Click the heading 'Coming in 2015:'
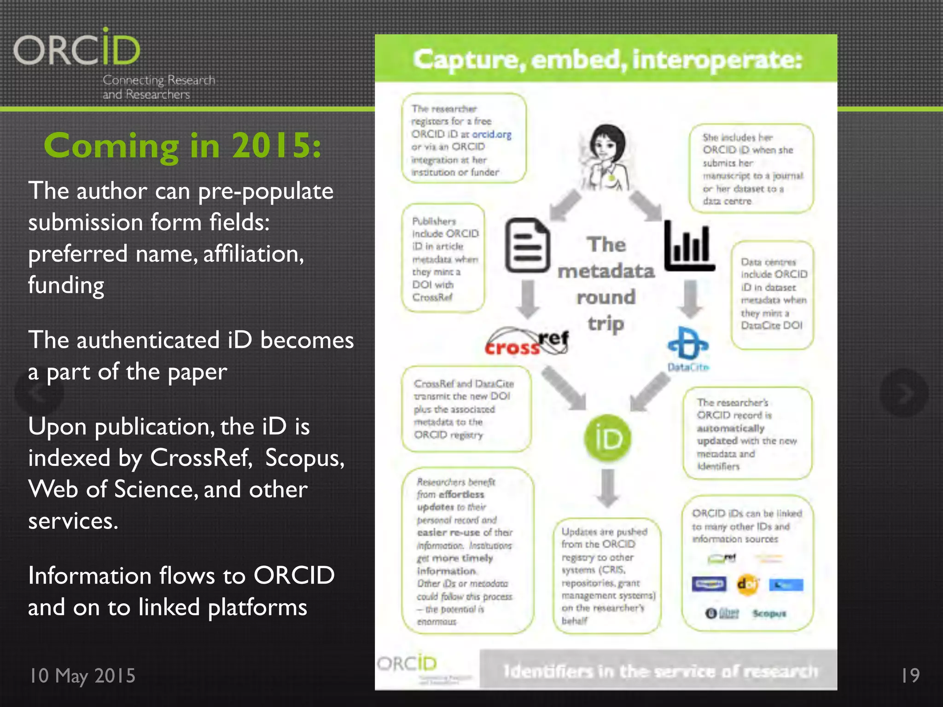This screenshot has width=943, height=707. click(x=182, y=145)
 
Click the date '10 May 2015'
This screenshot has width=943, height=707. click(x=82, y=676)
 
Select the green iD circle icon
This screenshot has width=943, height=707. click(x=607, y=438)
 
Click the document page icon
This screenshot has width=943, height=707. click(x=528, y=245)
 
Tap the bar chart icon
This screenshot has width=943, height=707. click(x=689, y=246)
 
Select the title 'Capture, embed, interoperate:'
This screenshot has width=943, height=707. click(x=607, y=60)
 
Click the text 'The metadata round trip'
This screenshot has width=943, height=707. click(x=606, y=284)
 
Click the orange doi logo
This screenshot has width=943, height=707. click(x=747, y=585)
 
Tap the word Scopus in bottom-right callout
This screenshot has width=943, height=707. click(x=769, y=614)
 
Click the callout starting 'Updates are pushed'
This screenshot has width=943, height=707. click(x=606, y=575)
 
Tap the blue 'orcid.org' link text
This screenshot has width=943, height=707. click(x=492, y=134)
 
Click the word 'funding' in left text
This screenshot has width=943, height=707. click(x=66, y=285)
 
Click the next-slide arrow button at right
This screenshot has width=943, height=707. click(x=903, y=393)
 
